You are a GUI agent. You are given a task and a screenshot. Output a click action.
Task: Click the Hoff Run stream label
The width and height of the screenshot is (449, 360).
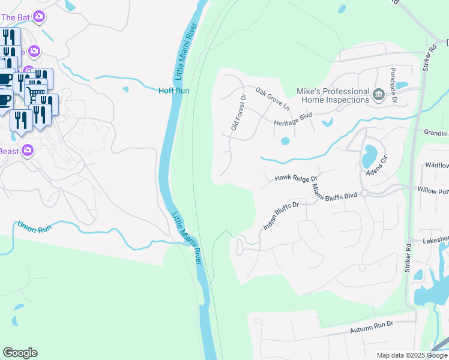point(173,91)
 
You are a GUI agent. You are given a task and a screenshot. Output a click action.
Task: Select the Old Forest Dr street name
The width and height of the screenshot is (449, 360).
point(238,112)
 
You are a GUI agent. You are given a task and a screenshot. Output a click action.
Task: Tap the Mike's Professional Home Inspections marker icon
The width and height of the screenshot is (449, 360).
point(379,94)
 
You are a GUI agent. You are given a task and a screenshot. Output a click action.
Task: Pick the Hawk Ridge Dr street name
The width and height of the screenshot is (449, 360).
point(295,178)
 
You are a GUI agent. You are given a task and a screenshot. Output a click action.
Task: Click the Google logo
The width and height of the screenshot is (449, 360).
point(20,353)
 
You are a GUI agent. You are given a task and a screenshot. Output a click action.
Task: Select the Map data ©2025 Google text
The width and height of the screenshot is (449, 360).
point(411,355)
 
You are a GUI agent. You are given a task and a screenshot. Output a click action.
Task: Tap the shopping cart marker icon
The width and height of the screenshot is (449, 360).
point(36,93)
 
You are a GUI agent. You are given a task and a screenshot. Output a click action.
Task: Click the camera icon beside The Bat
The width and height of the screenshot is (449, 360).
point(40,17)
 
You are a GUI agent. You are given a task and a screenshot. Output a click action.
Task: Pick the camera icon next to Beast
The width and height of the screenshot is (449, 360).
point(27,150)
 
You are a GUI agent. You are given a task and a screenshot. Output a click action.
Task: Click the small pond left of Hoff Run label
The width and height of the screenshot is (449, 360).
point(125,90)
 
